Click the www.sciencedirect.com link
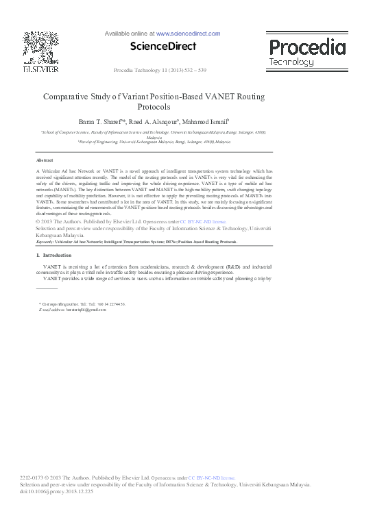pyautogui.click(x=188, y=34)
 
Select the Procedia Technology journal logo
pyautogui.click(x=306, y=51)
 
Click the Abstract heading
pyautogui.click(x=45, y=159)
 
